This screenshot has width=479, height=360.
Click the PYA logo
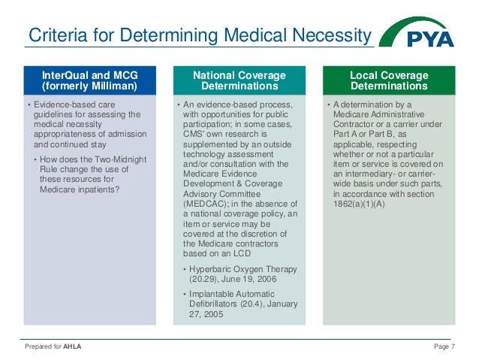[417, 35]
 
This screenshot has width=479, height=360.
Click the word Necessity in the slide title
[334, 35]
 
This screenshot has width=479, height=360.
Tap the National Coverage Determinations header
[239, 80]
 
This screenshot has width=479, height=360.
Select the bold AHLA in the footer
[73, 346]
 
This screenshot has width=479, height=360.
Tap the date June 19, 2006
[249, 279]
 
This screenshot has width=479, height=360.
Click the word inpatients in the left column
[103, 189]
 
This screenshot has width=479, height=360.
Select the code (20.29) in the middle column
[200, 279]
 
